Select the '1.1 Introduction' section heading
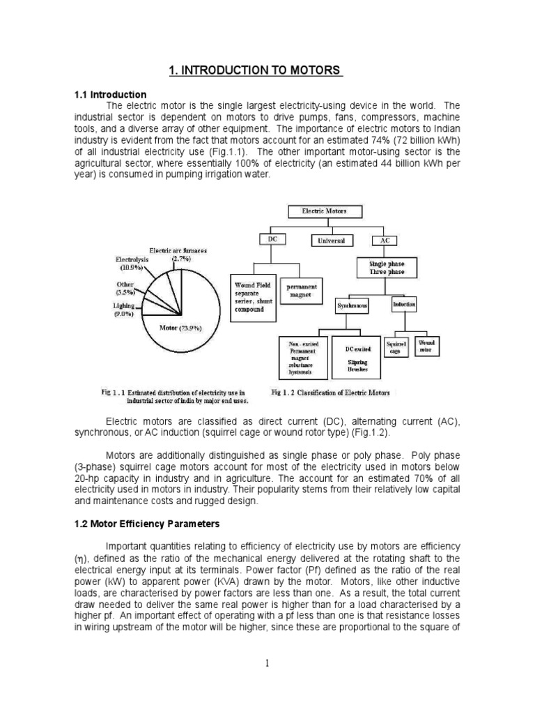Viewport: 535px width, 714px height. point(110,94)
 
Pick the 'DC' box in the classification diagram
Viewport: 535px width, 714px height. point(272,239)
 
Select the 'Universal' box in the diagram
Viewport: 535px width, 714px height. point(332,241)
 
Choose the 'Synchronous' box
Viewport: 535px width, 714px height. point(352,305)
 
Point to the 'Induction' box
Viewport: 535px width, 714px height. point(404,305)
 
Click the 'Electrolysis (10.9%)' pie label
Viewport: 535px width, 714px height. point(132,264)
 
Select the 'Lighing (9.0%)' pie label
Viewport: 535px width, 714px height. point(125,310)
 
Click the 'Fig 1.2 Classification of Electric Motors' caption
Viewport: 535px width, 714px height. point(332,393)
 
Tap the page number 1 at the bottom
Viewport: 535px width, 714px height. point(267,663)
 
